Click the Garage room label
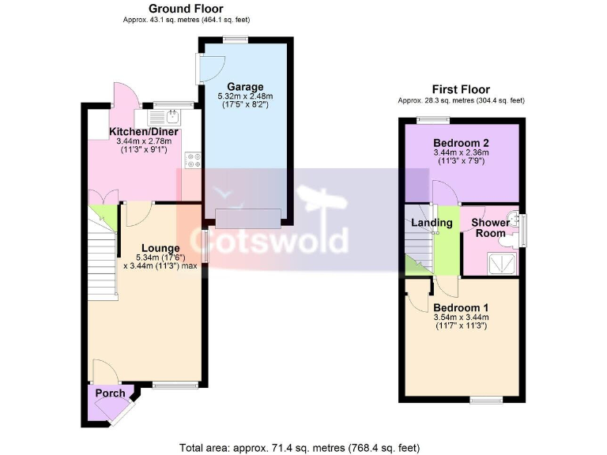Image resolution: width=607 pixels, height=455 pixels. coord(245,86)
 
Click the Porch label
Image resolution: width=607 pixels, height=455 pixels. coord(110,393)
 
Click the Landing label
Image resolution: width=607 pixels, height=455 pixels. coord(432,223)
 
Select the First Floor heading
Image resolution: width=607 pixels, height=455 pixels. coord(461,89)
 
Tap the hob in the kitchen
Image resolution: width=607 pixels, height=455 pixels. coord(192,160)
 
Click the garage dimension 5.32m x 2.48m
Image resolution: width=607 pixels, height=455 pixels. coord(245,97)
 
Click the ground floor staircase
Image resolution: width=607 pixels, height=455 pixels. coord(103,253)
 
